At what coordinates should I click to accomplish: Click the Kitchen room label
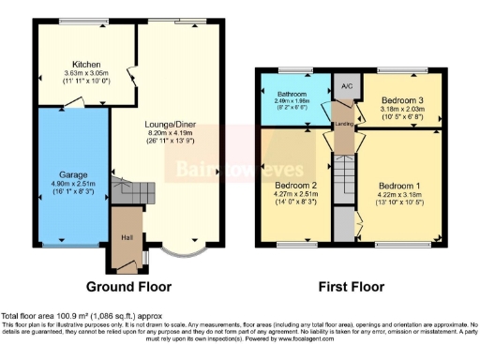click(73, 64)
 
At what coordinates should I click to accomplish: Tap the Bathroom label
click(292, 95)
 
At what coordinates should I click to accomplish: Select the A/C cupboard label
click(346, 86)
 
